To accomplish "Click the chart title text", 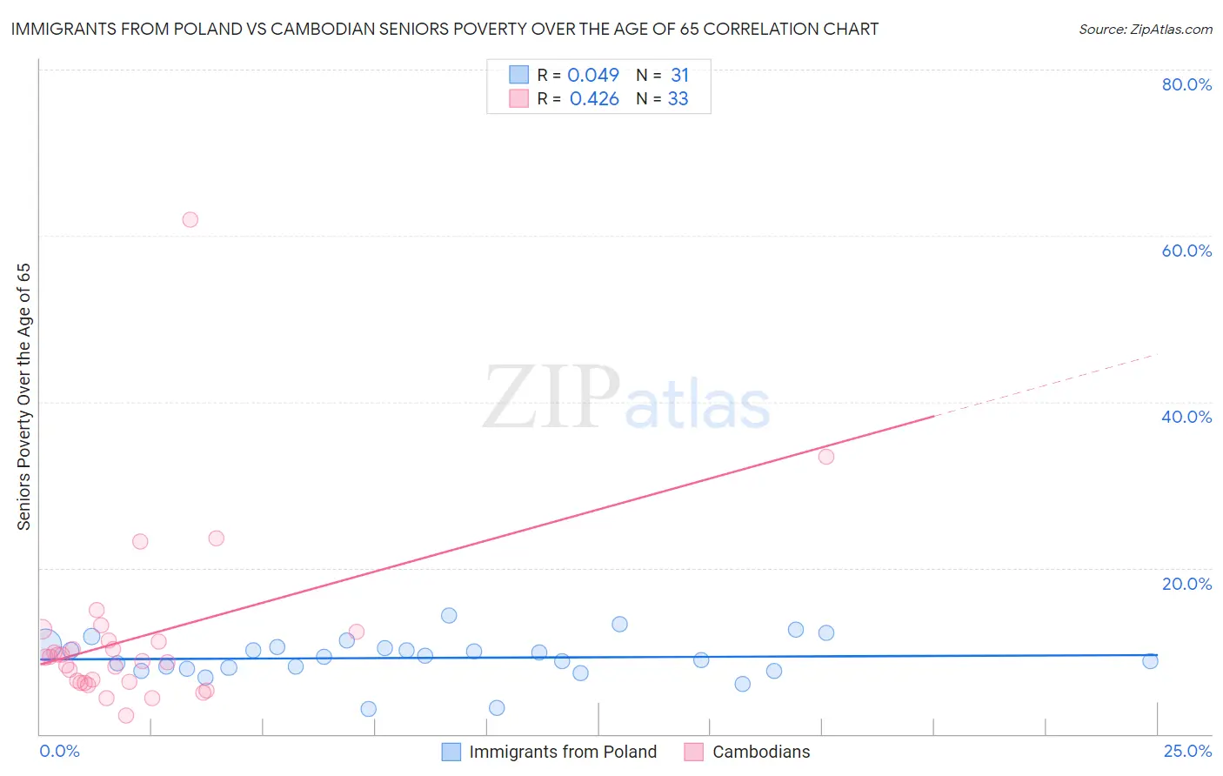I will point(444,29).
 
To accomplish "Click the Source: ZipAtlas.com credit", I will point(1145,29).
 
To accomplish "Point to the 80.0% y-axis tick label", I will point(1186,84).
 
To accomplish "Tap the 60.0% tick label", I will point(1186,251).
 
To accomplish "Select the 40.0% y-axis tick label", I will point(1186,417).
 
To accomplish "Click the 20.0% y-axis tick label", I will point(1186,584).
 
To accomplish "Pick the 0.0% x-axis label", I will point(59,751).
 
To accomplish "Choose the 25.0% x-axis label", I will point(1187,751).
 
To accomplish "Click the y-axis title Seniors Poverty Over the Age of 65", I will point(24,397).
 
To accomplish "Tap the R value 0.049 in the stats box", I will point(593,76).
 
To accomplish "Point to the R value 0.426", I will point(594,99).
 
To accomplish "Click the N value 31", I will point(679,76).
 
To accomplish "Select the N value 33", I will point(678,99).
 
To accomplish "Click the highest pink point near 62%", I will point(190,219).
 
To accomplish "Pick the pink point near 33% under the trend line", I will point(826,457).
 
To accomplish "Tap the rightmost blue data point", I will point(1150,661).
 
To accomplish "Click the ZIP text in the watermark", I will point(551,398).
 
